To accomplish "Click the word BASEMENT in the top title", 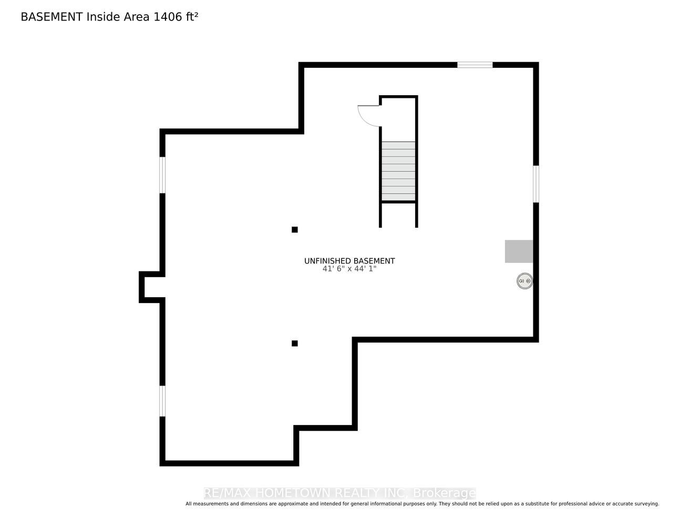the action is pos(51,17).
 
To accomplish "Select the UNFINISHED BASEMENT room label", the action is pos(349,261).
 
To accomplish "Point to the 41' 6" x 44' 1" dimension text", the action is pos(349,269).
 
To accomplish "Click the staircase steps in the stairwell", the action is pos(398,171).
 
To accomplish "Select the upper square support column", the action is pos(294,229).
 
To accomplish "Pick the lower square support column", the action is pos(294,343).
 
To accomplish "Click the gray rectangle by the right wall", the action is pos(519,251).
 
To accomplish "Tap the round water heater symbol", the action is pos(524,281).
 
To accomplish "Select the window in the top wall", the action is pos(475,65).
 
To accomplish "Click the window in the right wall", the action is pos(535,184).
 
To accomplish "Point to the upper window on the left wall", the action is pos(162,175).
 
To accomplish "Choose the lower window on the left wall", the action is pos(162,401).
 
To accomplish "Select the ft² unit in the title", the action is pos(192,17).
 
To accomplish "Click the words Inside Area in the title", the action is pos(118,17).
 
